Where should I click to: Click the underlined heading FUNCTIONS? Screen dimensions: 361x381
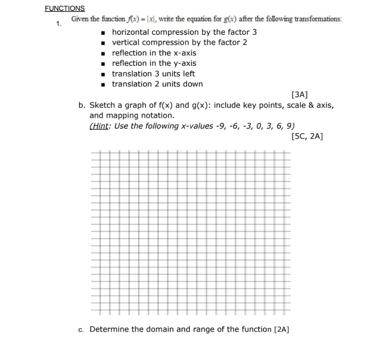(65, 8)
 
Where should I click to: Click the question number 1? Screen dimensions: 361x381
(59, 24)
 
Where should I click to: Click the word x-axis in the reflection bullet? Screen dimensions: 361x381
(185, 53)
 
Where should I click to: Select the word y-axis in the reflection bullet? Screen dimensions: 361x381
(185, 63)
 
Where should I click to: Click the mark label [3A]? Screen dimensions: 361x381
(299, 95)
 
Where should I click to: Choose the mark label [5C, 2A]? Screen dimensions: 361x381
(307, 136)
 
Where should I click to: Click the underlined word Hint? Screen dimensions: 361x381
(99, 126)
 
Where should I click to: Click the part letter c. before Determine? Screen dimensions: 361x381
(81, 330)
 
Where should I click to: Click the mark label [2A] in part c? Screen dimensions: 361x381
(282, 330)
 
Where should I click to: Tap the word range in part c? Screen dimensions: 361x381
(205, 330)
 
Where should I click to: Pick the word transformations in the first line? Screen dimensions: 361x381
(316, 19)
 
